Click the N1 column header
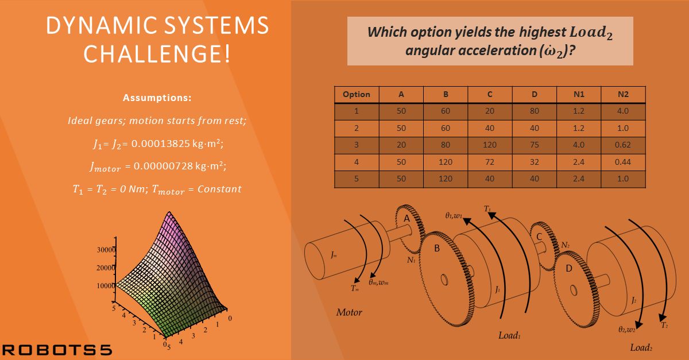pyautogui.click(x=579, y=94)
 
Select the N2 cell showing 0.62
pyautogui.click(x=623, y=145)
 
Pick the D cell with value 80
pyautogui.click(x=535, y=111)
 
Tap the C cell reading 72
pyautogui.click(x=490, y=162)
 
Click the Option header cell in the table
pyautogui.click(x=357, y=94)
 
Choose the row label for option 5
pyautogui.click(x=357, y=179)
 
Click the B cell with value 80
pyautogui.click(x=446, y=145)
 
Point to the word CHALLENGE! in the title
pyautogui.click(x=157, y=53)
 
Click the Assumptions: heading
pyautogui.click(x=157, y=98)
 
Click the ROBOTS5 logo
pyautogui.click(x=57, y=350)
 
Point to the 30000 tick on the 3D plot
pyautogui.click(x=106, y=250)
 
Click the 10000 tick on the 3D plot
pyautogui.click(x=106, y=286)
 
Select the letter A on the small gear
pyautogui.click(x=407, y=218)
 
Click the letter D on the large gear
pyautogui.click(x=569, y=269)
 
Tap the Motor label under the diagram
pyautogui.click(x=349, y=312)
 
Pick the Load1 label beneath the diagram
pyautogui.click(x=509, y=335)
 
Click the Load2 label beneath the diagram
pyautogui.click(x=641, y=348)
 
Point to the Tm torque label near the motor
pyautogui.click(x=355, y=288)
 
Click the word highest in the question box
pyautogui.click(x=543, y=32)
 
